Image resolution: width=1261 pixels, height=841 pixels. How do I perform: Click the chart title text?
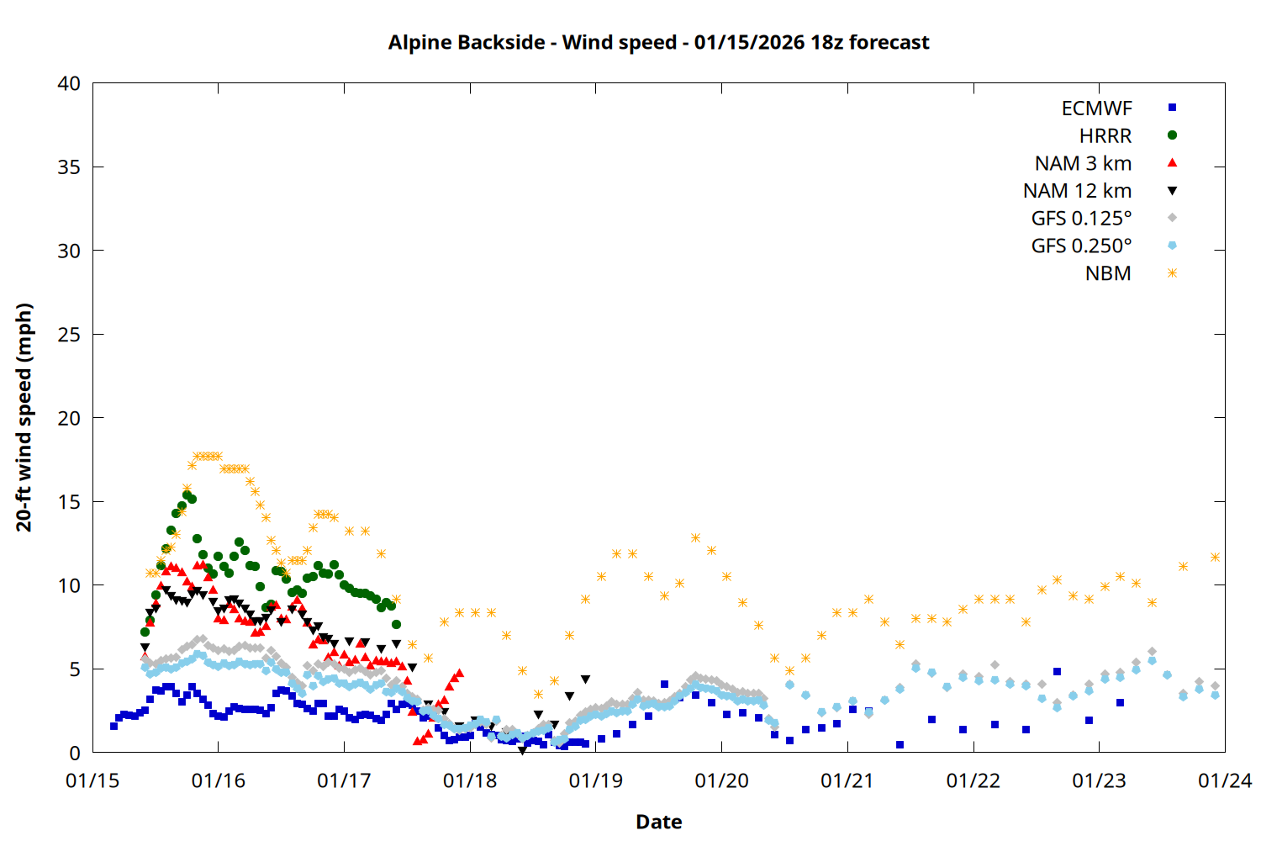click(x=658, y=42)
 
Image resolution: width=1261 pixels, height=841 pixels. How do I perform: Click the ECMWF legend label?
click(x=1096, y=108)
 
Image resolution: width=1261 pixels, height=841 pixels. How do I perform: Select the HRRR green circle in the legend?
click(x=1172, y=135)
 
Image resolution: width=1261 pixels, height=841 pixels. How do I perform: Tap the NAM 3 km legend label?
click(x=1083, y=163)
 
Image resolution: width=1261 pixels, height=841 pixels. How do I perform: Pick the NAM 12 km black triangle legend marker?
click(x=1172, y=191)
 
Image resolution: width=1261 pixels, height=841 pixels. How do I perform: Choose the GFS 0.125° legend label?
click(x=1081, y=219)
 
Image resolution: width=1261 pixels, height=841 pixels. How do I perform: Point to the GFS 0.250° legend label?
click(x=1081, y=246)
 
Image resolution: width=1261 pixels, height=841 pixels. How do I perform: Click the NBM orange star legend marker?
click(x=1172, y=273)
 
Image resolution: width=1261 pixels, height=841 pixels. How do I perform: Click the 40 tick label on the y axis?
click(x=69, y=83)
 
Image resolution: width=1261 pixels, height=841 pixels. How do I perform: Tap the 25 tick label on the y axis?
click(x=69, y=335)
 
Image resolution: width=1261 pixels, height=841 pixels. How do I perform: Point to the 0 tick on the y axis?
click(x=75, y=753)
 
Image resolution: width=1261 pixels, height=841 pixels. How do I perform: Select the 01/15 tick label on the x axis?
click(x=92, y=780)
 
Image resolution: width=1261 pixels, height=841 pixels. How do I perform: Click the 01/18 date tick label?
click(x=470, y=780)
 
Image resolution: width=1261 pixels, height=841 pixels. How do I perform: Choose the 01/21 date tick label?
click(x=847, y=780)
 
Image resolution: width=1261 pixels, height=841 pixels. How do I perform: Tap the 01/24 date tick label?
click(x=1224, y=780)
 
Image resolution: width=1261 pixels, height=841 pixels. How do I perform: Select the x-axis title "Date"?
click(x=658, y=822)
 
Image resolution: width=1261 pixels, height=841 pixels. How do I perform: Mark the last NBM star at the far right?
click(x=1215, y=557)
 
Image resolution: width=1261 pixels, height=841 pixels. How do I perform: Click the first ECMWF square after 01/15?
click(x=113, y=726)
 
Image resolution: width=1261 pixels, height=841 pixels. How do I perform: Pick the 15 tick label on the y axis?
click(x=69, y=502)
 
